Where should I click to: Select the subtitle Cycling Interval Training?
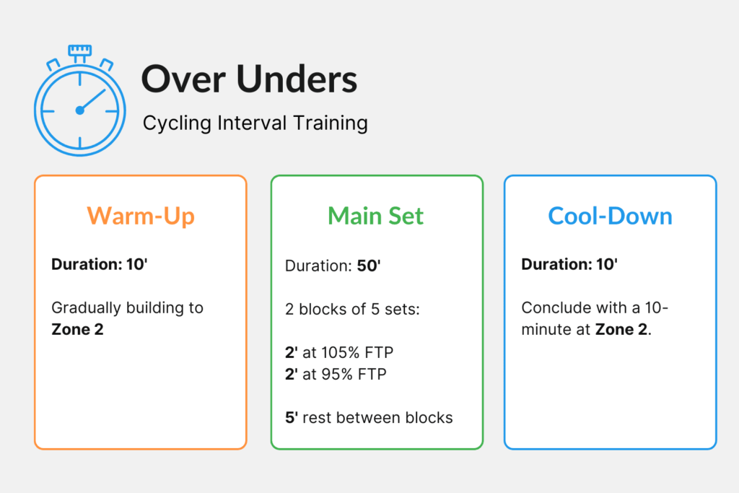click(255, 123)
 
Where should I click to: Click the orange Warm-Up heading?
click(141, 216)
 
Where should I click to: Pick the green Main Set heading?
click(376, 216)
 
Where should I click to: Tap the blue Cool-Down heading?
click(610, 216)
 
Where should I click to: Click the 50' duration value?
click(368, 266)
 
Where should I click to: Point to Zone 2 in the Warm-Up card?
click(77, 330)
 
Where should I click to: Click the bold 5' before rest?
click(290, 417)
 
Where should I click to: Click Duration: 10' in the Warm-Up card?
click(99, 264)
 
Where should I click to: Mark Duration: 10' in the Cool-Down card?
click(569, 264)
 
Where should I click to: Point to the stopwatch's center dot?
click(79, 110)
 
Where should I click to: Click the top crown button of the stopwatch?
click(79, 51)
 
